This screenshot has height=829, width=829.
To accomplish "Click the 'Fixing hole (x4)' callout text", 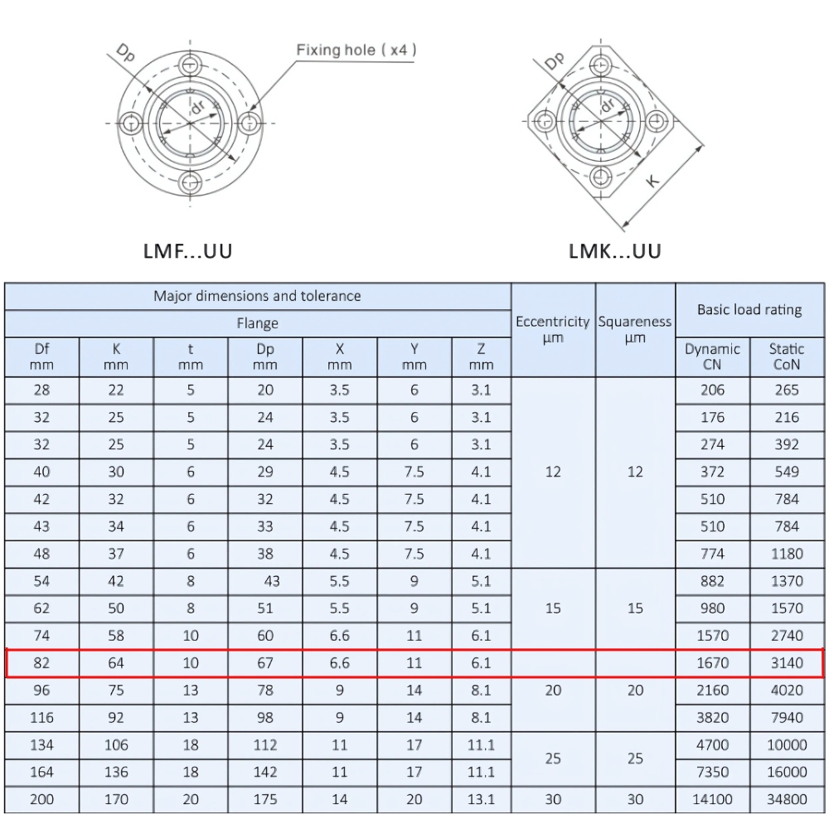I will pos(356,51).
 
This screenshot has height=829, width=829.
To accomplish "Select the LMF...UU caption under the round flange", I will pos(188,250).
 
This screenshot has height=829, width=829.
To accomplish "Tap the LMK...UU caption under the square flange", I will pos(615,250).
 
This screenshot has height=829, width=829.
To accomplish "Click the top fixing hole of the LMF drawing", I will pos(191,65).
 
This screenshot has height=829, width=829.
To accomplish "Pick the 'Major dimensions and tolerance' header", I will pos(257,296).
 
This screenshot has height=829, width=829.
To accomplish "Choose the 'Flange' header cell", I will pos(257,323).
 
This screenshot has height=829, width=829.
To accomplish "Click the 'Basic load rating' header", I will pos(749,310).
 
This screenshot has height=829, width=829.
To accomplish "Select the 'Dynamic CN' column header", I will pos(712,356).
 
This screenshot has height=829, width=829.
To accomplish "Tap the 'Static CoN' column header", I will pos(787,356).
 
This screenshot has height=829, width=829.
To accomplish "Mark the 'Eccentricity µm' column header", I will pos(553,329).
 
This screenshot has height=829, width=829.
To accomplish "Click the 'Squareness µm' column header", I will pos(635,329).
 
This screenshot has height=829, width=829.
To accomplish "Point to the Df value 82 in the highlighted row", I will pos(41,663).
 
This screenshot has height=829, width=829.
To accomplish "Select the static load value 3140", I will pos(787,663).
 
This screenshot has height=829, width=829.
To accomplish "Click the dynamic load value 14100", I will pos(712,799).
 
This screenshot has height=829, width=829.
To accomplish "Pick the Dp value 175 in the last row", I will pos(265,799).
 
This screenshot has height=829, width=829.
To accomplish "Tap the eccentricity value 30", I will pos(553,799).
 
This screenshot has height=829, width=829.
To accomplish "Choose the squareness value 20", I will pos(635,690).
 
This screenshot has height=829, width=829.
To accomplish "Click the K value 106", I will pos(116,745).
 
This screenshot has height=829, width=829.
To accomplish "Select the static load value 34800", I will pos(787,799).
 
